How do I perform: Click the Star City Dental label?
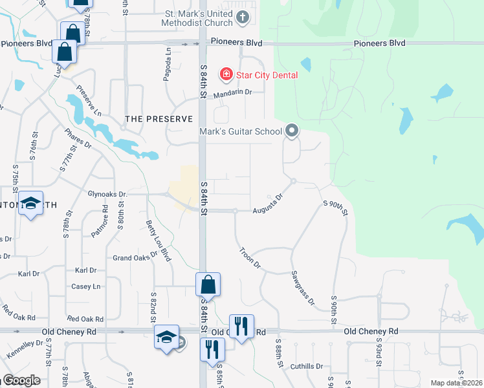coord(267,75)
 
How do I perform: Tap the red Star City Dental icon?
coord(226,74)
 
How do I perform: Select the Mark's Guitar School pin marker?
coord(292,131)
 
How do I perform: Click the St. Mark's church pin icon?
coord(243,17)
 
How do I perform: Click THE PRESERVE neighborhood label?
coord(159,119)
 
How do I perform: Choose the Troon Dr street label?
coord(250,257)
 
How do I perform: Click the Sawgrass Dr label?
coord(302,288)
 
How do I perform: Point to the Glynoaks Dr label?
coord(108,193)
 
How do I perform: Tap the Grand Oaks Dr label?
coord(135,257)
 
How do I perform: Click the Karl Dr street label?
coord(85,270)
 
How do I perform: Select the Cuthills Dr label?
coord(306,366)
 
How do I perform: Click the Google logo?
coord(21,380)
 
